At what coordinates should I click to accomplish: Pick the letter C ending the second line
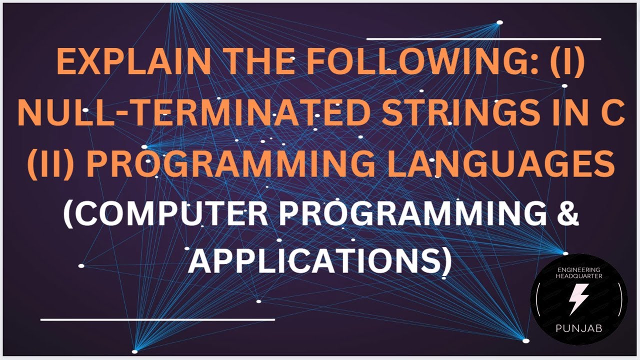(x=613, y=114)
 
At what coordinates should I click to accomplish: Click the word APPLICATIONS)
(x=319, y=261)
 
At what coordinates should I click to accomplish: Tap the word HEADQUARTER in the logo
(x=579, y=276)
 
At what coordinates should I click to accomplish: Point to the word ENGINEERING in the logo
(x=579, y=269)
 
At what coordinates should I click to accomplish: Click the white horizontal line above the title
(x=483, y=38)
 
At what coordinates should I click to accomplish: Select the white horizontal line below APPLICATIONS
(x=157, y=318)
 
